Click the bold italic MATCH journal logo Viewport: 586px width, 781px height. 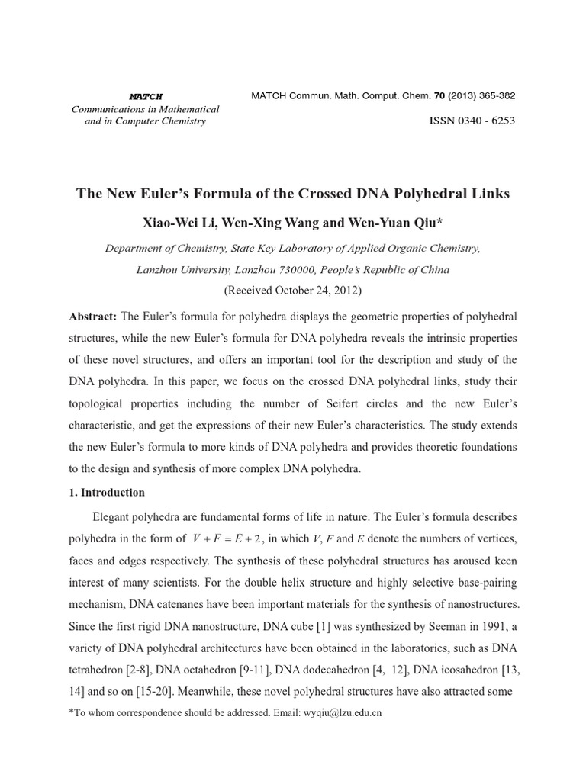145,96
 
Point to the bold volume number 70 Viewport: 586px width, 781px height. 439,96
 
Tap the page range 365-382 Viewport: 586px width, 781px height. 494,96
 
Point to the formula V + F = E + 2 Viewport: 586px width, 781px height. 228,539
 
